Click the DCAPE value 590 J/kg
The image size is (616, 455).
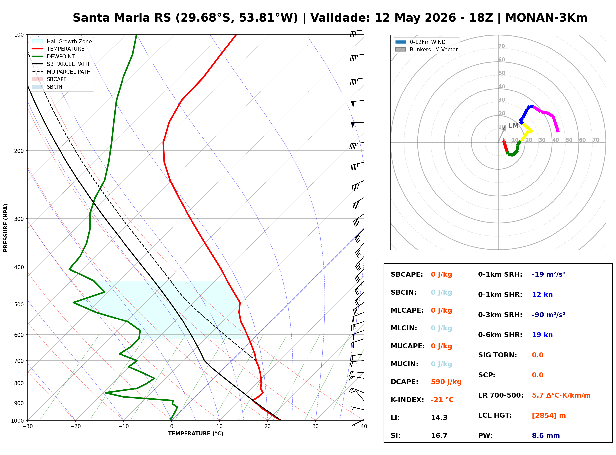tap(446, 382)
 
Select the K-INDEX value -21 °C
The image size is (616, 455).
tap(442, 400)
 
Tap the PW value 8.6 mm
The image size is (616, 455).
tap(546, 435)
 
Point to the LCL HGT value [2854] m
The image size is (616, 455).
tap(549, 416)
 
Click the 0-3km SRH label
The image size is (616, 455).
tap(500, 315)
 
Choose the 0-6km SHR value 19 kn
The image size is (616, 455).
tap(542, 335)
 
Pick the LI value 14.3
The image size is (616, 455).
tap(439, 417)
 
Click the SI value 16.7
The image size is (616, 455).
tap(439, 435)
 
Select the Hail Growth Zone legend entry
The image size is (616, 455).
tap(62, 41)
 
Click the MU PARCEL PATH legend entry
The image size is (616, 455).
tap(61, 72)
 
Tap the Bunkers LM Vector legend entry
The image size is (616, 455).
tap(426, 49)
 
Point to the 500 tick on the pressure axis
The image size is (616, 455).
tap(19, 304)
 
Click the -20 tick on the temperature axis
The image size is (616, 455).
tap(75, 426)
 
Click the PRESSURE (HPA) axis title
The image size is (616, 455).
tap(5, 227)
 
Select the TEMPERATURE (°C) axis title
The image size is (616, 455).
tap(195, 434)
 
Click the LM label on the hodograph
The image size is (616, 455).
tap(513, 126)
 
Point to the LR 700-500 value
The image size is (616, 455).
tap(561, 395)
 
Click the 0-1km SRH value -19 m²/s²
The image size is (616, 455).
tap(549, 274)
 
